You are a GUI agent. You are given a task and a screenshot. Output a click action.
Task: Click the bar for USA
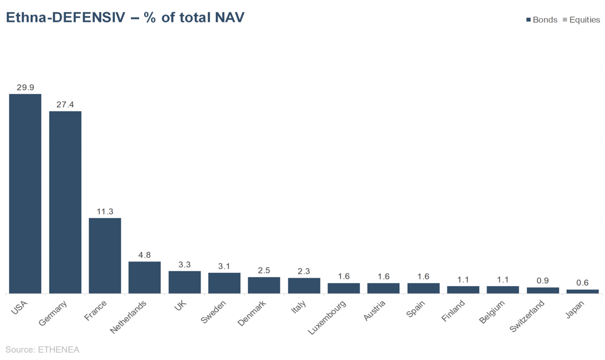tap(25, 194)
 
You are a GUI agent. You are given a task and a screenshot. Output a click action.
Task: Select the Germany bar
tap(65, 202)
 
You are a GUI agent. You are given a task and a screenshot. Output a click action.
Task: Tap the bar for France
tap(105, 255)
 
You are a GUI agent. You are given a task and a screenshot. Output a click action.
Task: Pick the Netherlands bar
tap(145, 277)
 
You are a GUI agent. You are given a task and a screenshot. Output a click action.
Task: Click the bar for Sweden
tap(224, 283)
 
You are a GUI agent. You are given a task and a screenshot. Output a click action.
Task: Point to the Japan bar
tap(583, 291)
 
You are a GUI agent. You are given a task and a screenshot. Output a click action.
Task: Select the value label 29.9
tap(25, 88)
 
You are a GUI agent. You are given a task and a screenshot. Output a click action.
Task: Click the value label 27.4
tap(65, 105)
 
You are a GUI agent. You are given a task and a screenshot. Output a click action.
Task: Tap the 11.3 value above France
tap(105, 211)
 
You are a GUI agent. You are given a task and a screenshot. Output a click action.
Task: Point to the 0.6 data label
tap(583, 283)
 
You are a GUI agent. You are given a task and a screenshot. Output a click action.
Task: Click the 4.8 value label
tap(145, 255)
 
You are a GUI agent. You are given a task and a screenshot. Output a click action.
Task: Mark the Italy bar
tap(304, 286)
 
